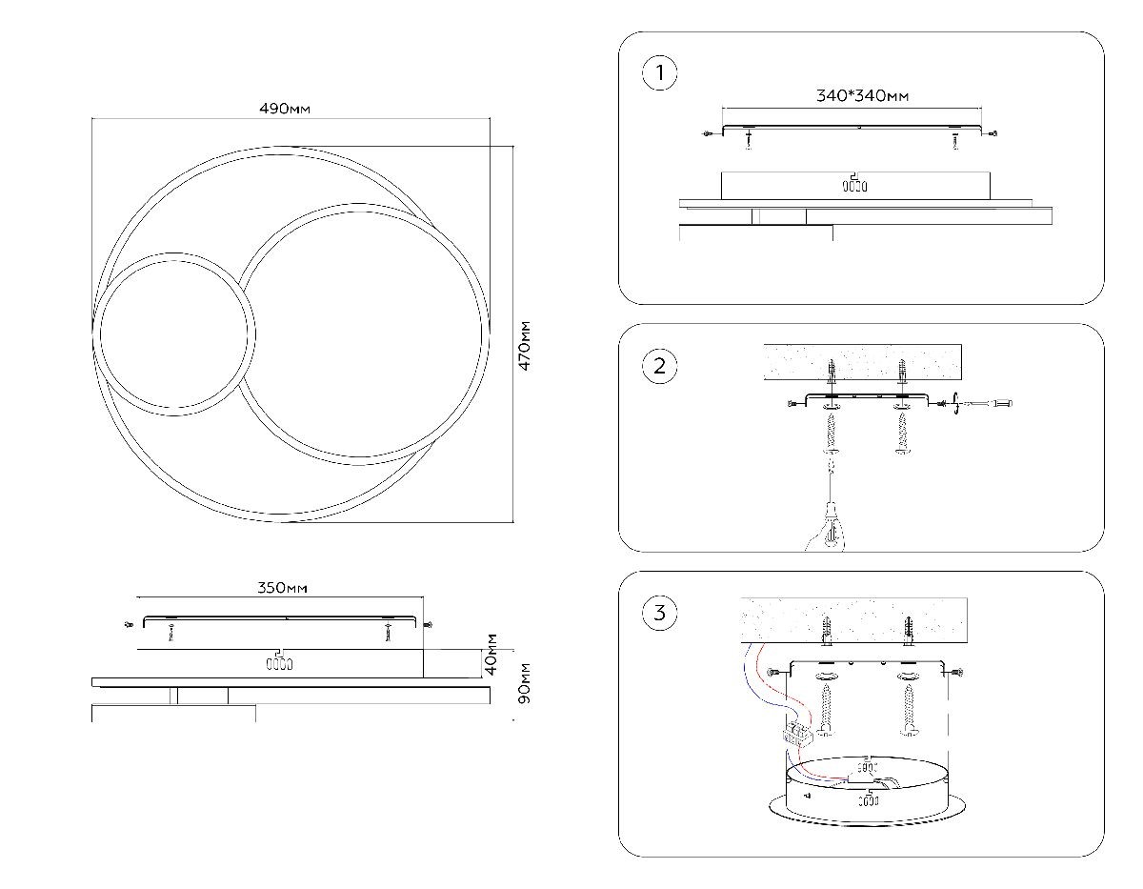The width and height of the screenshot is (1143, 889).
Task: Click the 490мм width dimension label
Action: click(x=285, y=109)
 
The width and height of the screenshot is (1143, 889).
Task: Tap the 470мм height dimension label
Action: click(x=525, y=347)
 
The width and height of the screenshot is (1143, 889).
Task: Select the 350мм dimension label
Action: click(x=283, y=588)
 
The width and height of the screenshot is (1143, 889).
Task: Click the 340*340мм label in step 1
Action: click(x=861, y=95)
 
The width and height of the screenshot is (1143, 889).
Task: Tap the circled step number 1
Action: click(x=659, y=73)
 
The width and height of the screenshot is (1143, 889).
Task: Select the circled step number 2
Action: click(x=659, y=366)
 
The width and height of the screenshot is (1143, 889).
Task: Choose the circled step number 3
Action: click(x=659, y=613)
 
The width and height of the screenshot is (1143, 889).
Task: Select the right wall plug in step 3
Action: click(x=910, y=629)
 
